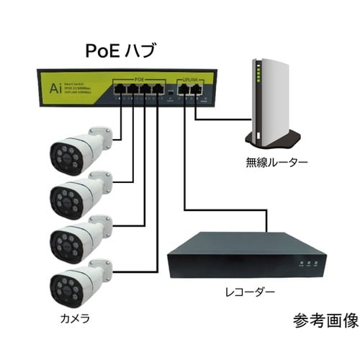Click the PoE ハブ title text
point(120,51)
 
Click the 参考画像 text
point(325,319)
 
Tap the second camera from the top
point(79,193)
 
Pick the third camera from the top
point(79,238)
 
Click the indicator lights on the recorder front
point(308,265)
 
